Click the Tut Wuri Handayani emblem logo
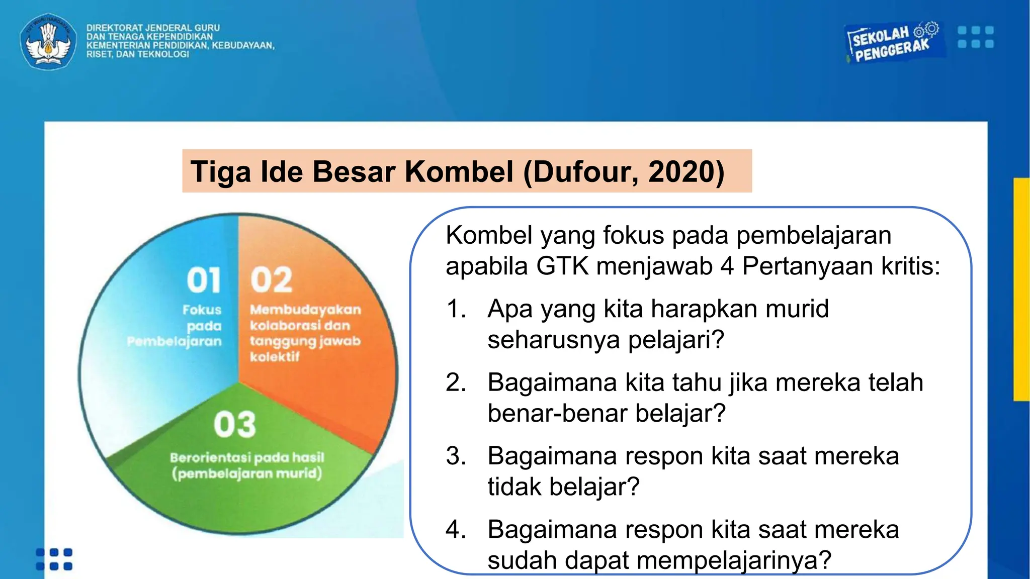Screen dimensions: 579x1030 click(48, 41)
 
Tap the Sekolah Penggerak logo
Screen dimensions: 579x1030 click(893, 43)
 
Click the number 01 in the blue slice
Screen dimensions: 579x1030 click(204, 280)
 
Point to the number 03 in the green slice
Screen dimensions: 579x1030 click(235, 425)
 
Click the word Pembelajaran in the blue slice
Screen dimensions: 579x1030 click(175, 342)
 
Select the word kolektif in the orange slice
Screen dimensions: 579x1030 click(275, 357)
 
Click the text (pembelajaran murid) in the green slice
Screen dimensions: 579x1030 click(247, 473)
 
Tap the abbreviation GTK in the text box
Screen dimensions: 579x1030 click(562, 266)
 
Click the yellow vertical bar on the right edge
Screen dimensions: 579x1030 click(1021, 289)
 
